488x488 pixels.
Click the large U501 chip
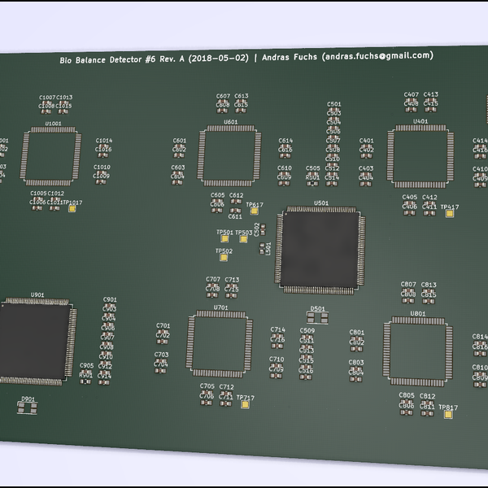320,250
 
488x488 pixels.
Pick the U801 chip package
417,351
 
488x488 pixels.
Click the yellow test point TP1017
73,209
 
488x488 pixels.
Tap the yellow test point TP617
255,211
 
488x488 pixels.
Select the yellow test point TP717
242,404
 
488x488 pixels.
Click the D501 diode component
318,317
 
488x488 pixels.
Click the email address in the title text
377,56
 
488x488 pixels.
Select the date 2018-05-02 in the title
217,59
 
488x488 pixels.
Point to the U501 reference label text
321,203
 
